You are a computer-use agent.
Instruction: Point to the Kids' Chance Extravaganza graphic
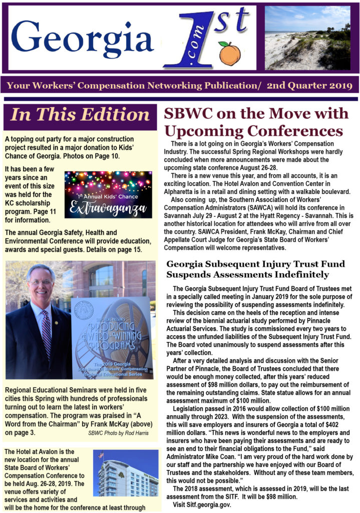(x=108, y=194)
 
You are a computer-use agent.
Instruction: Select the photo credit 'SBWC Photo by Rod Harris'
(x=118, y=432)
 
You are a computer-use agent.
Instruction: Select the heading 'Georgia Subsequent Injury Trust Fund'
(x=244, y=264)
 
